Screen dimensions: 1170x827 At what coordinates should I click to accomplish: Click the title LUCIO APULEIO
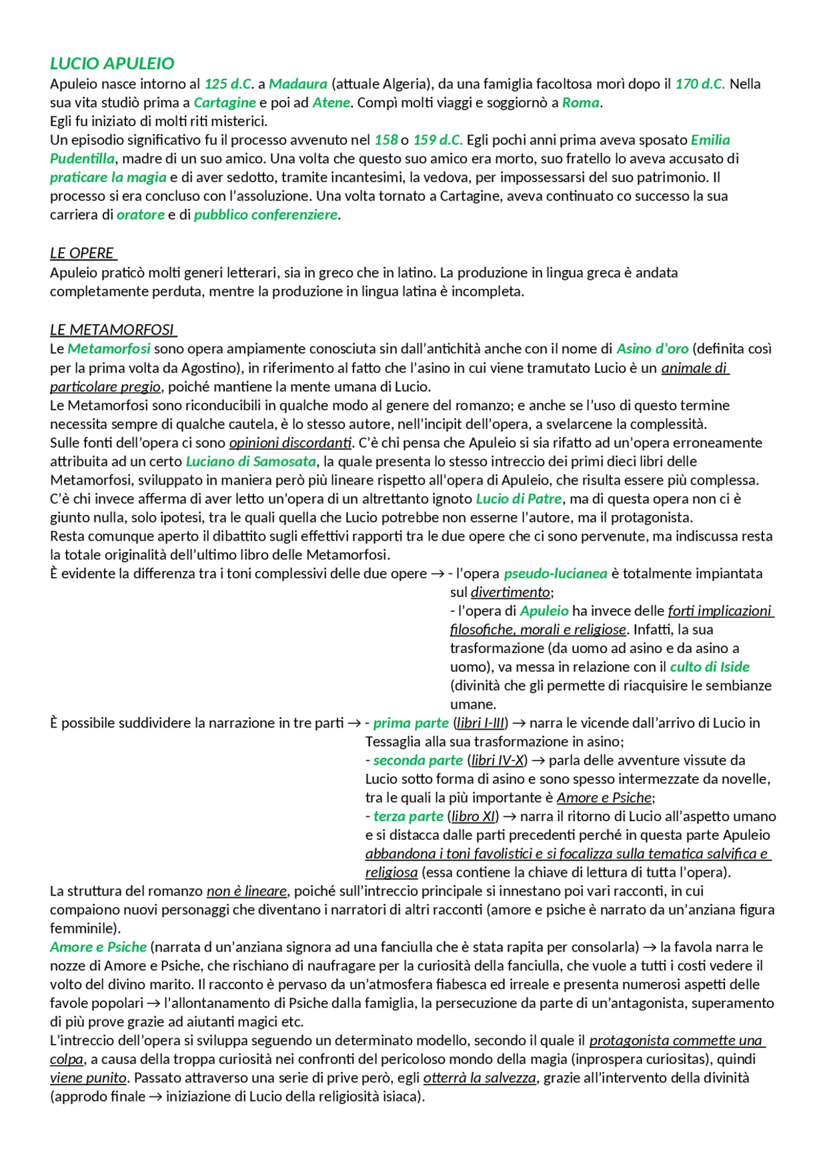[x=112, y=63]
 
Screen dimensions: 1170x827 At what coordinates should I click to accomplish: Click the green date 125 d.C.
[x=228, y=84]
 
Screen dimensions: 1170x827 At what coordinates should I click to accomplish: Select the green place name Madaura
[x=298, y=84]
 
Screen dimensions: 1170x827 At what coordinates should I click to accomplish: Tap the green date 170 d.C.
[x=700, y=84]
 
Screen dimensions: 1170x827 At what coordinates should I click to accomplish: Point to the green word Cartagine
[x=224, y=103]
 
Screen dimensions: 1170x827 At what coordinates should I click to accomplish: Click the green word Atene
[x=331, y=103]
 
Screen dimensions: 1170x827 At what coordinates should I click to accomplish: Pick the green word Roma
[x=580, y=103]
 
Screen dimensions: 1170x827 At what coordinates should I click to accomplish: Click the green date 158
[x=386, y=140]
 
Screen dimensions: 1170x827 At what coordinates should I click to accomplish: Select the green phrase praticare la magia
[x=108, y=178]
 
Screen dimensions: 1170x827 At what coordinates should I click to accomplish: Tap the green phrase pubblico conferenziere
[x=266, y=214]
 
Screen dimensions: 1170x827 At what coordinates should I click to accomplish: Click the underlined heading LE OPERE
[x=82, y=253]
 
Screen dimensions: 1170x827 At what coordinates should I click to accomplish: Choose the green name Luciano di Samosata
[x=251, y=461]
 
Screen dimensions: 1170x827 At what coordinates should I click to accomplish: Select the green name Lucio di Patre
[x=518, y=499]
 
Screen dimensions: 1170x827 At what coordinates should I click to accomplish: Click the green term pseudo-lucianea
[x=555, y=574]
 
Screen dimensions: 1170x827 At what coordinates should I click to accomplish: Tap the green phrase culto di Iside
[x=709, y=667]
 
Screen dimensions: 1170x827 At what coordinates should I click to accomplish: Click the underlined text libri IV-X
[x=497, y=760]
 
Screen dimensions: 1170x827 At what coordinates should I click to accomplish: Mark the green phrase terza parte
[x=408, y=817]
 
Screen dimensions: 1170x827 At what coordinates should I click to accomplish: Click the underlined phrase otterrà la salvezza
[x=479, y=1078]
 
